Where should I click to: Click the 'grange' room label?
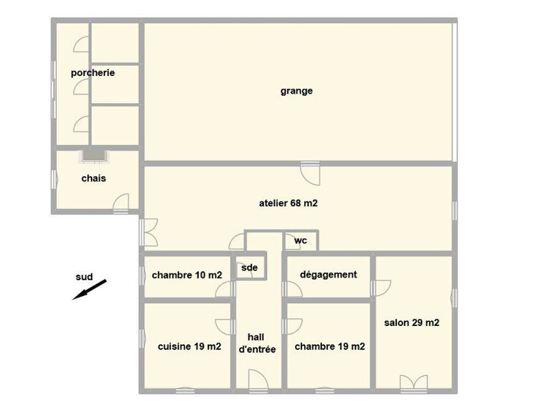point(296,91)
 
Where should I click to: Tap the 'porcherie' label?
point(93,73)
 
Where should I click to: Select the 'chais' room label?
point(93,178)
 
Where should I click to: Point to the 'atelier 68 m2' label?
point(288,203)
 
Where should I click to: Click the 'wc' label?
point(300,241)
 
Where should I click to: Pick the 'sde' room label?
point(250,268)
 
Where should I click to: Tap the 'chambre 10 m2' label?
point(187,275)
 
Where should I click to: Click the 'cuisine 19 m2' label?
point(189,346)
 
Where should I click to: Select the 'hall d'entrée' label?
point(257,343)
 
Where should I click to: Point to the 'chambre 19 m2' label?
point(330,346)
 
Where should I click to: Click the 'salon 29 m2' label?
point(412,323)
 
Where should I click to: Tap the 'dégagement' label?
point(328,275)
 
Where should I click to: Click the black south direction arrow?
point(89,289)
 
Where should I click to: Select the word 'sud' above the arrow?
point(84,277)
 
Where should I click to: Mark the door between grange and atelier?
point(310,173)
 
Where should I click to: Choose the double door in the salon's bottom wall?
point(414,384)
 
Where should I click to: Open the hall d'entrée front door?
point(259,382)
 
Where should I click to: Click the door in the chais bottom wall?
point(121,203)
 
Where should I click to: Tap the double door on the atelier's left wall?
point(149,233)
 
